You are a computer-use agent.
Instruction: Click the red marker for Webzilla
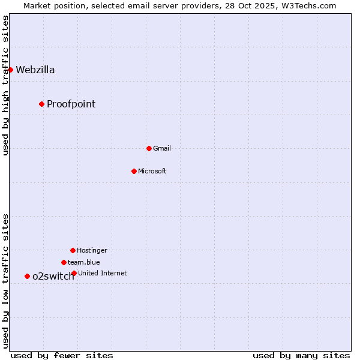(x=10, y=70)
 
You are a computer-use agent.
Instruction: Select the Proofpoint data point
(x=41, y=104)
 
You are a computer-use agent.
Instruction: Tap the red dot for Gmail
(x=149, y=148)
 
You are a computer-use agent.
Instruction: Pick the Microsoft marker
(x=134, y=171)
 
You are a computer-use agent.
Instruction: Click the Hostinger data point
(x=73, y=250)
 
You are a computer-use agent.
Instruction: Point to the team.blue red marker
(x=64, y=262)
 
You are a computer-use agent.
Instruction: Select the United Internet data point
(x=74, y=273)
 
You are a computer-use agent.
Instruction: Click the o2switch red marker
(x=27, y=276)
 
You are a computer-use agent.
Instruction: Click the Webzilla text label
(x=35, y=70)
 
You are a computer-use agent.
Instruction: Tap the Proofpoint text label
(x=71, y=104)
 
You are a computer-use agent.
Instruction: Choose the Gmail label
(x=162, y=148)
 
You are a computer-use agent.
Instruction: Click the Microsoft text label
(x=152, y=171)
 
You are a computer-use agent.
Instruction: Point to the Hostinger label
(x=92, y=250)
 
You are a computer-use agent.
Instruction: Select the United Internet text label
(x=103, y=273)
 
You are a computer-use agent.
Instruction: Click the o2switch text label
(x=53, y=276)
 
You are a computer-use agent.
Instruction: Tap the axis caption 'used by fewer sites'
(x=62, y=355)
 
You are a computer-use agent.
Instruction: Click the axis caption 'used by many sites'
(x=301, y=355)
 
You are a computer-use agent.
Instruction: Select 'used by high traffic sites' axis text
(x=5, y=85)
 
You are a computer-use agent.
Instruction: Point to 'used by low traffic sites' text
(x=5, y=281)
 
